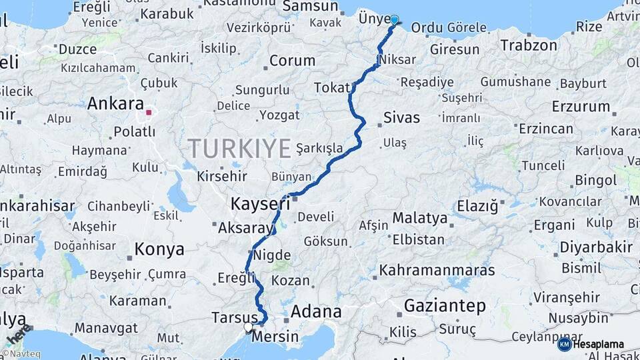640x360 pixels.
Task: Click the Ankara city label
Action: pyautogui.click(x=115, y=104)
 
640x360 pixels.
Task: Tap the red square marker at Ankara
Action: pyautogui.click(x=149, y=113)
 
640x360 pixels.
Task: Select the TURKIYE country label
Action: pyautogui.click(x=239, y=148)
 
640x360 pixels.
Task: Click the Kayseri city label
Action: pyautogui.click(x=260, y=203)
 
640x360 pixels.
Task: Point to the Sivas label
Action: pyautogui.click(x=401, y=118)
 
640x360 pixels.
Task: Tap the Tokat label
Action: pyautogui.click(x=331, y=88)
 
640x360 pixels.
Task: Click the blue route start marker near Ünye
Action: pyautogui.click(x=395, y=20)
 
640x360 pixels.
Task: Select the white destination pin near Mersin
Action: pyautogui.click(x=248, y=327)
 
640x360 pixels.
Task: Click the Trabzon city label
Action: pyautogui.click(x=528, y=45)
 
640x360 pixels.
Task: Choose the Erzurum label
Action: pyautogui.click(x=581, y=107)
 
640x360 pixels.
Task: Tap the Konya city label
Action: pyautogui.click(x=159, y=250)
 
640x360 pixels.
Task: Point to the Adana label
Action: pyautogui.click(x=317, y=311)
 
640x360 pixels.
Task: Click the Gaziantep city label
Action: pyautogui.click(x=445, y=306)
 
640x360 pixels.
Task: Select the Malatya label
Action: pyautogui.click(x=419, y=218)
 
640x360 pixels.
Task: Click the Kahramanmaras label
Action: pyautogui.click(x=437, y=270)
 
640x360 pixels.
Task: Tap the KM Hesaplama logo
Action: pyautogui.click(x=591, y=344)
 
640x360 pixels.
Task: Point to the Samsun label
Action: pyautogui.click(x=310, y=6)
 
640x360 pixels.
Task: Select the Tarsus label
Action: pyautogui.click(x=233, y=316)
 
